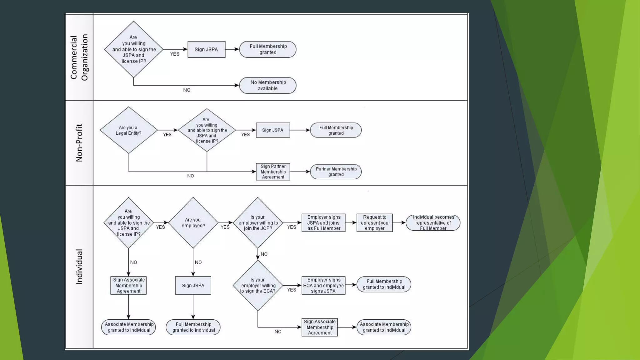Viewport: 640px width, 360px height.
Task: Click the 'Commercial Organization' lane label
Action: (79, 57)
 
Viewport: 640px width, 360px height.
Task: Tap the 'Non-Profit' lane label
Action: (79, 143)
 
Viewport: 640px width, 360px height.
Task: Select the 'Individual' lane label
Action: (79, 267)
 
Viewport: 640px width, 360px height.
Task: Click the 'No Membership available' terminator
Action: (268, 85)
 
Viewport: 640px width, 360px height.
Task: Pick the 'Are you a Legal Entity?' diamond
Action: (128, 130)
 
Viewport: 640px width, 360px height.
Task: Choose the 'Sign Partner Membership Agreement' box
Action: (273, 172)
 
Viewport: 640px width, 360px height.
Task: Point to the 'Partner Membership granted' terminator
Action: (336, 172)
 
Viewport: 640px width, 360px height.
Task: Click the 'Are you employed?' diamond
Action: (193, 223)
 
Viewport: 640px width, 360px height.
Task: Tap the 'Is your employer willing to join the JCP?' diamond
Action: (258, 223)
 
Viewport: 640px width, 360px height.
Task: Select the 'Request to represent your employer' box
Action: (374, 223)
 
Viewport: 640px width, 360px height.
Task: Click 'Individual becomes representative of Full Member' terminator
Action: (433, 223)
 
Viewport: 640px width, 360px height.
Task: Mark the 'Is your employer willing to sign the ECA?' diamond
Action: (258, 285)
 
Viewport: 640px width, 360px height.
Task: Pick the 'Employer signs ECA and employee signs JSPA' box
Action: (323, 285)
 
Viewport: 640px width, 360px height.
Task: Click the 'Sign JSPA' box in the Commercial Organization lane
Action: (206, 49)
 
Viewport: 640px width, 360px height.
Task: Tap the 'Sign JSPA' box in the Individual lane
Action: (193, 285)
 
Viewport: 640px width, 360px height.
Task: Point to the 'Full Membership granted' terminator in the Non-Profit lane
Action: (336, 130)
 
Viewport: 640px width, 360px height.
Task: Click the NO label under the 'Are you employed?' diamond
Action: (198, 262)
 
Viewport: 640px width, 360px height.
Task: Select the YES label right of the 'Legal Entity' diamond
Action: (167, 135)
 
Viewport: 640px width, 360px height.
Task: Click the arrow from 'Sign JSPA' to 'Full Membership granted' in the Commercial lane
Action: (232, 49)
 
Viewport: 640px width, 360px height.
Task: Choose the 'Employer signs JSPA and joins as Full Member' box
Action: (323, 223)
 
